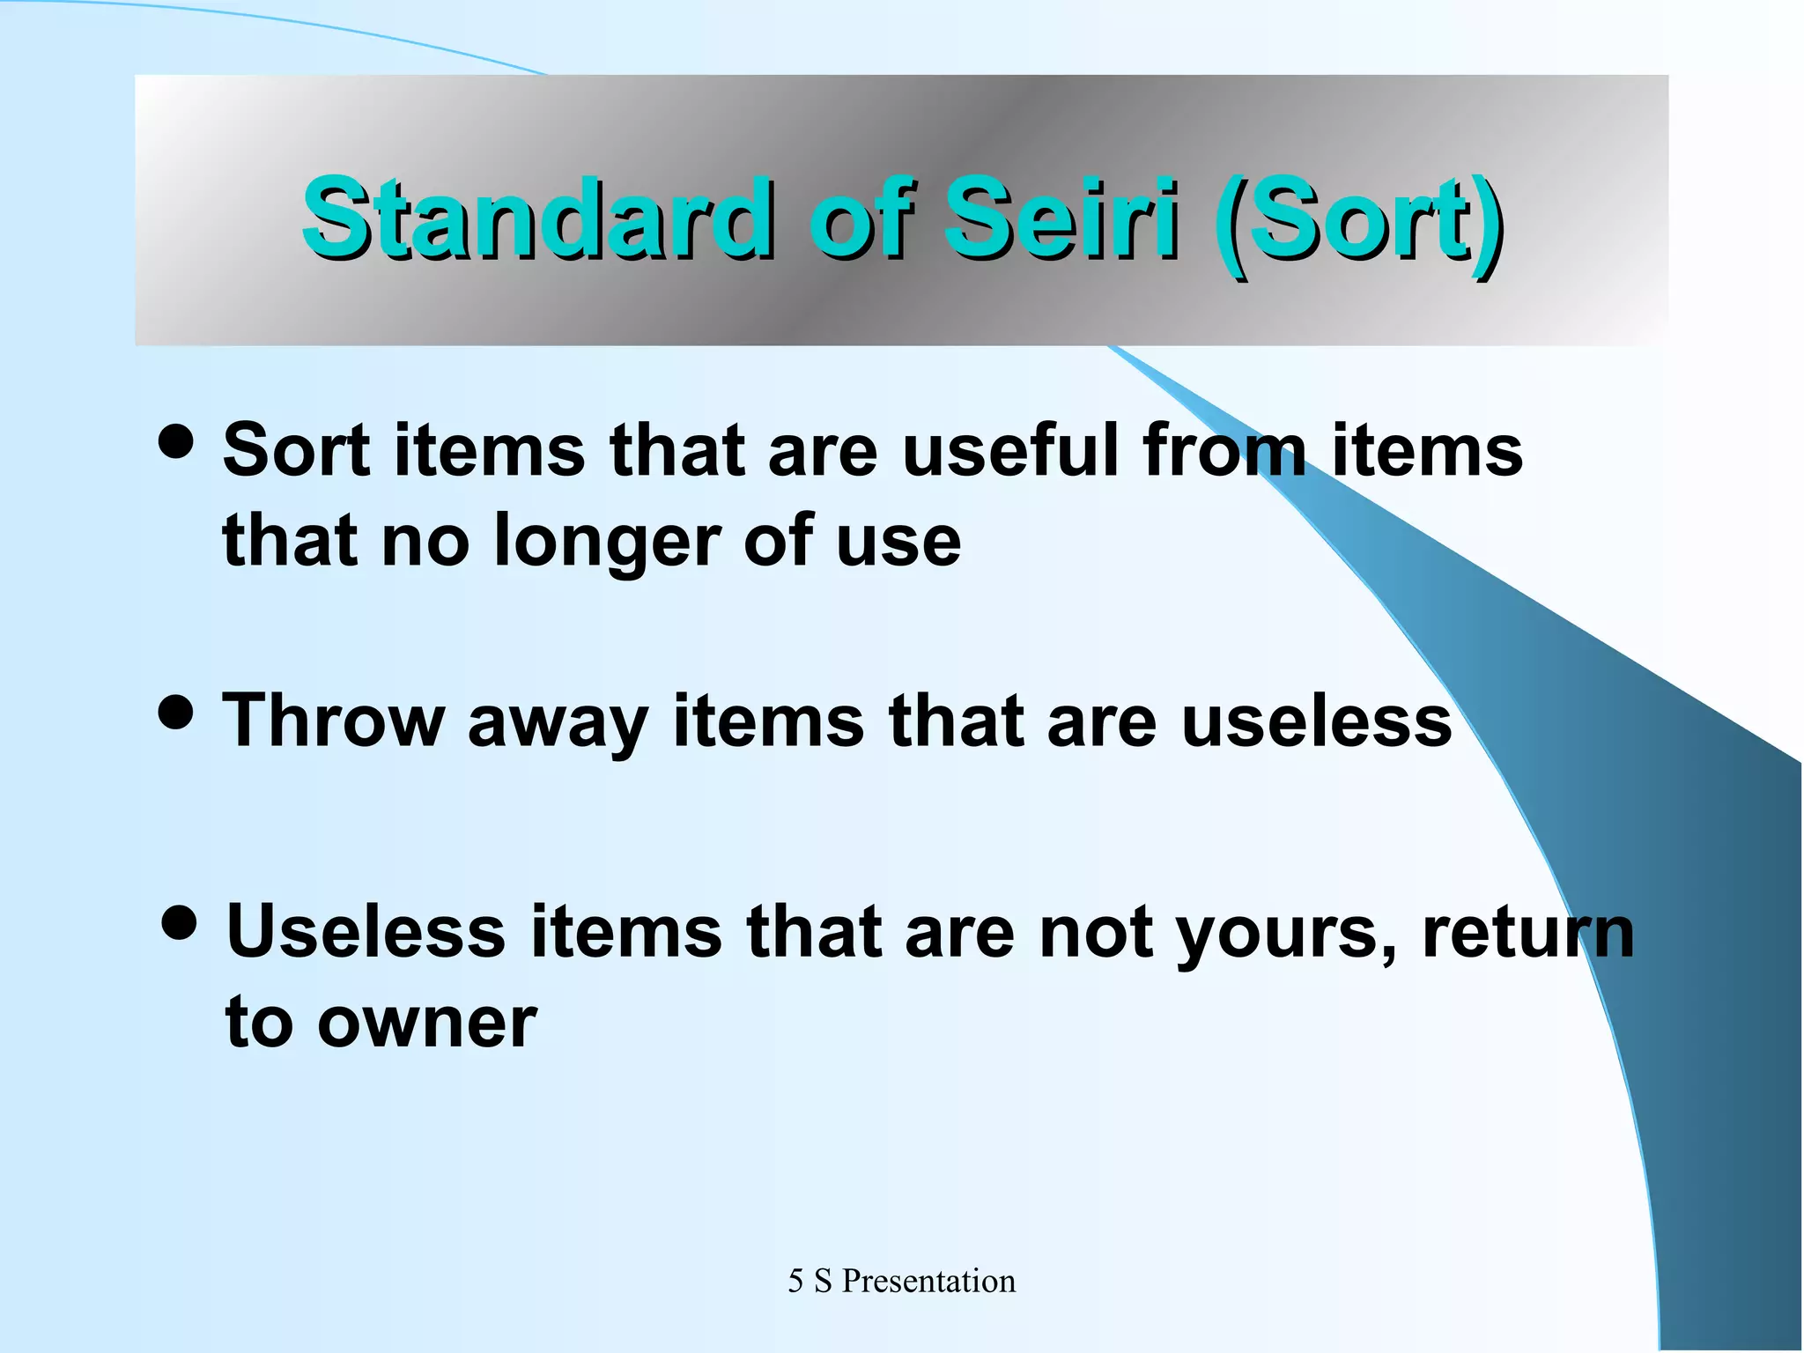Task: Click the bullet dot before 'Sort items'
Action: tap(176, 440)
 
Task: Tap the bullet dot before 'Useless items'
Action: tap(180, 923)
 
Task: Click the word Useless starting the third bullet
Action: tap(366, 932)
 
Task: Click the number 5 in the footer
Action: tap(795, 1281)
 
